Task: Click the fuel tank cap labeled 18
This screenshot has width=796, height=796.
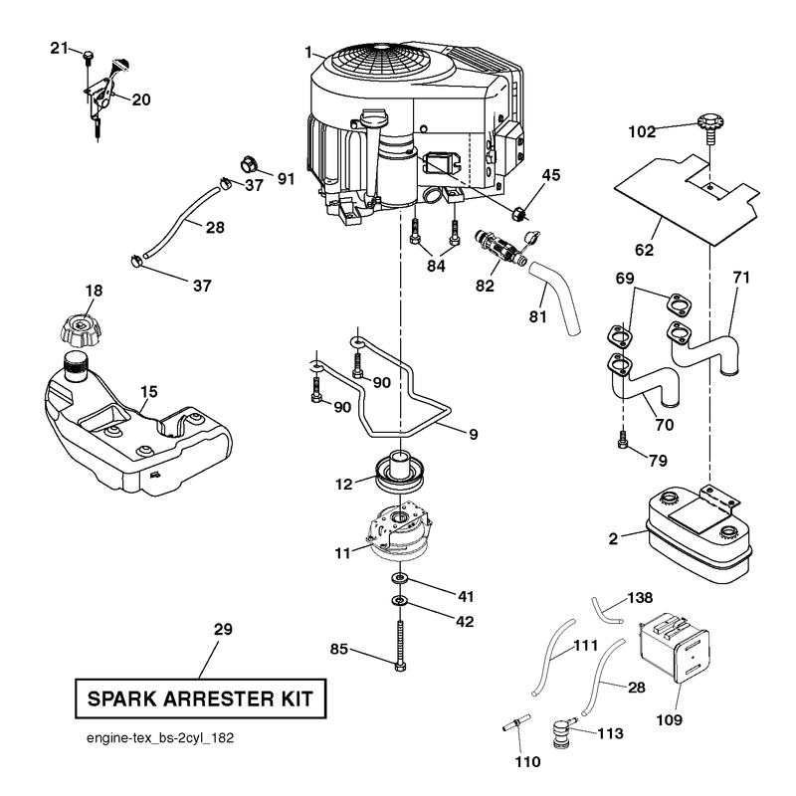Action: (x=79, y=329)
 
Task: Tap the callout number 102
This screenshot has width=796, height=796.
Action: (x=642, y=132)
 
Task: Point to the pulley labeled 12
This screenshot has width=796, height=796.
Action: (x=400, y=473)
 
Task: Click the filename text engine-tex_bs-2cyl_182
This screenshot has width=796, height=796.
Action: (x=160, y=737)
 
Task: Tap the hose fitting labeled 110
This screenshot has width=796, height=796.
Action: (x=516, y=722)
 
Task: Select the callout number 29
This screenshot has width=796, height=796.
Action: (x=223, y=630)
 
